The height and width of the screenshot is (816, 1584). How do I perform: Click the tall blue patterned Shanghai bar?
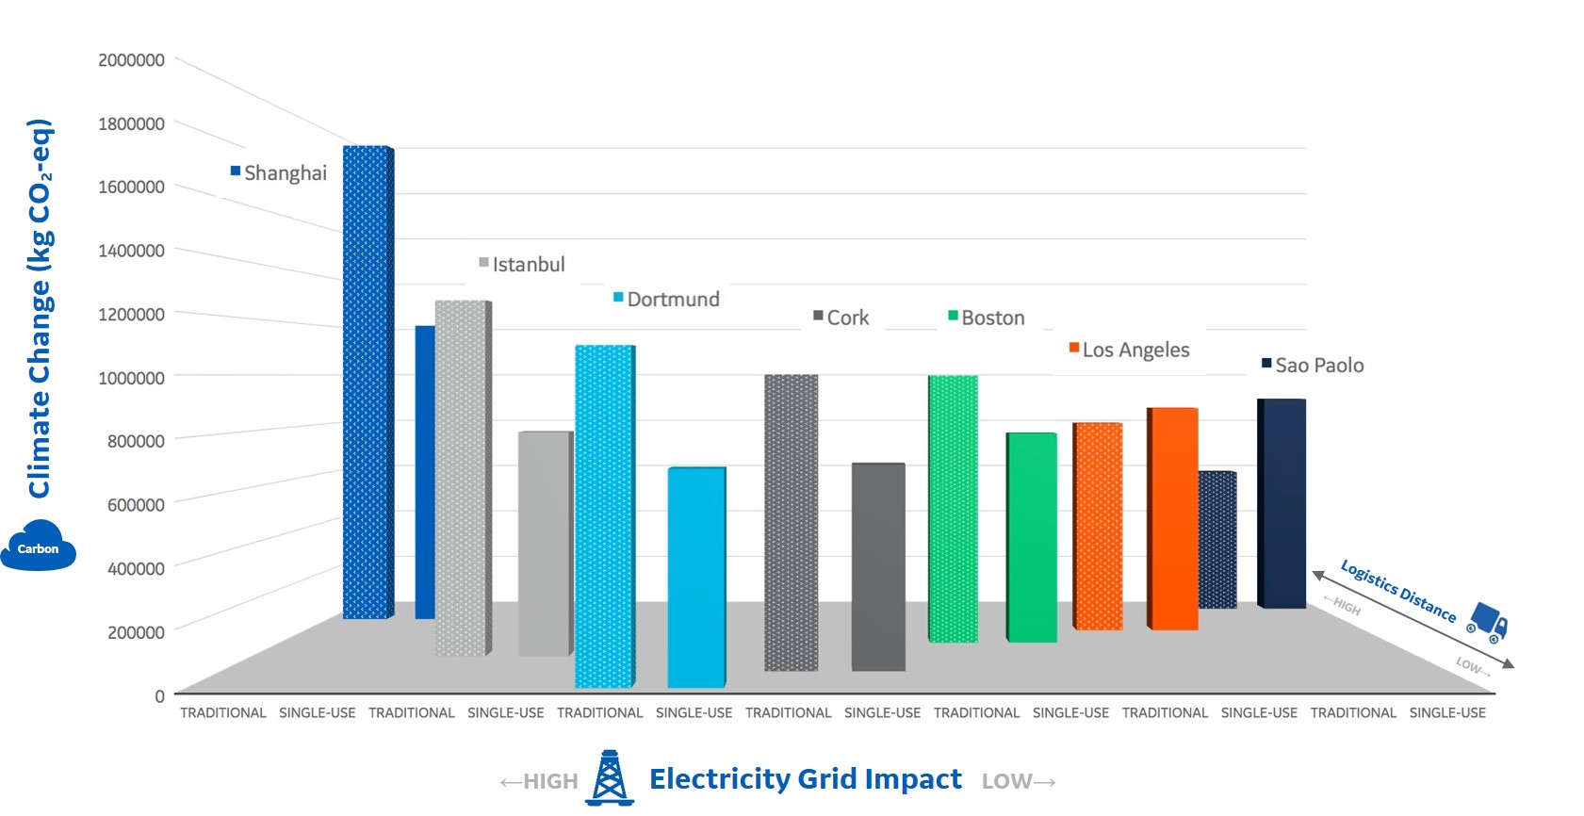(367, 382)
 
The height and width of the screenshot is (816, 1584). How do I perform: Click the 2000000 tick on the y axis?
(131, 60)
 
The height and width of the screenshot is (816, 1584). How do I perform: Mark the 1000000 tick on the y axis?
(131, 378)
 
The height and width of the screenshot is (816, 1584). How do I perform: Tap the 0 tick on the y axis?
(159, 696)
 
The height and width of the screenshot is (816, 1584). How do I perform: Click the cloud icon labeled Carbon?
(38, 547)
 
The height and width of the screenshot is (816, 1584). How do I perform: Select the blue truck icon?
(1488, 622)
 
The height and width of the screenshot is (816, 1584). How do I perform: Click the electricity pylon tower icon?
(610, 778)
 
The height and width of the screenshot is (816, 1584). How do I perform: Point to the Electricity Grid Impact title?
(805, 779)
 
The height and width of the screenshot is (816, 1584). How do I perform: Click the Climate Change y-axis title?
(40, 308)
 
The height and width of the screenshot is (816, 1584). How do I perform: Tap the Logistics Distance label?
(1397, 591)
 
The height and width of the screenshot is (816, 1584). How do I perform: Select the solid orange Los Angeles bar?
(1173, 518)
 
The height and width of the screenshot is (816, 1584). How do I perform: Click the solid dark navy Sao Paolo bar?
(1282, 503)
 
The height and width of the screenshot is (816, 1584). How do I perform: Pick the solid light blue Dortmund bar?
(696, 577)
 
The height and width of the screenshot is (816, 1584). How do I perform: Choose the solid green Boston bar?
(1032, 537)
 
